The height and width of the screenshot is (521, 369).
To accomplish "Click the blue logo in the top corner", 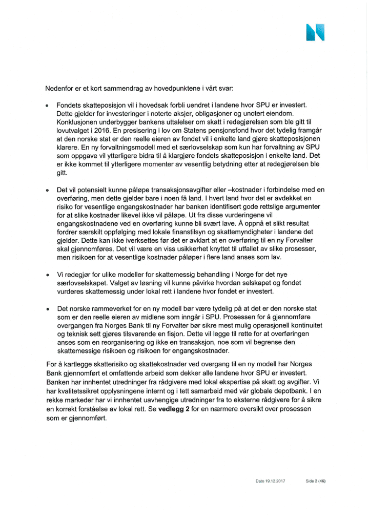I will tap(315, 32).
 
